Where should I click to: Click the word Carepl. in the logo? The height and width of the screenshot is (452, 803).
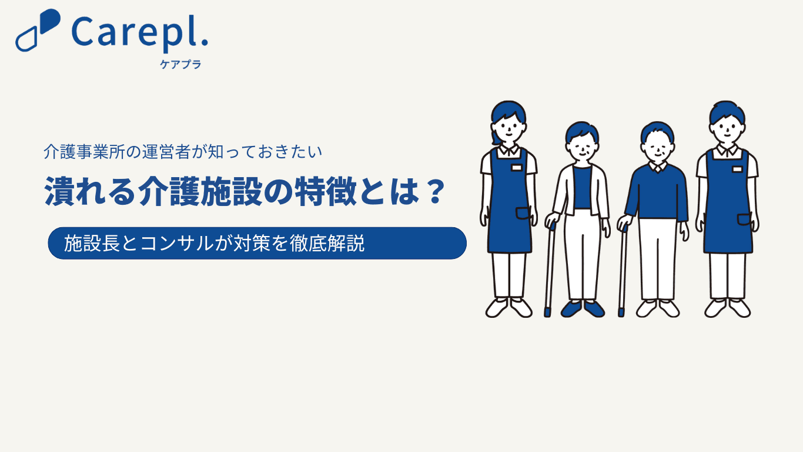139,34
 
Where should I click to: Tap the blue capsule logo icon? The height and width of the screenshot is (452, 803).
38,30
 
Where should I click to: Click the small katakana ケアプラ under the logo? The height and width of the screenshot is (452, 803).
180,65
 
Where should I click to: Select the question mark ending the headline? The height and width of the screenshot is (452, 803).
436,191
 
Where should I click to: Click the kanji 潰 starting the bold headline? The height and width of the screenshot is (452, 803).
59,191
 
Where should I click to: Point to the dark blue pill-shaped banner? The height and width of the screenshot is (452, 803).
257,243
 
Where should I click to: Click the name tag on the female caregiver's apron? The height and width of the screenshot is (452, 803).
516,167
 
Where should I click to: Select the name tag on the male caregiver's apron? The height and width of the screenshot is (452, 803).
737,169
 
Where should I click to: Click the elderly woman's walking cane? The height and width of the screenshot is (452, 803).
549,270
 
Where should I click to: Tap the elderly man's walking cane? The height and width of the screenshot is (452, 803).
623,271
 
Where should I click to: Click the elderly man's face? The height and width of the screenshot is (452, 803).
658,148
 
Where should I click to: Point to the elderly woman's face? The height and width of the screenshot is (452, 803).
583,148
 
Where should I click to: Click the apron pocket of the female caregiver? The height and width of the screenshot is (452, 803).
523,213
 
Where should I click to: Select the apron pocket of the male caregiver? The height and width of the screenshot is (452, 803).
744,220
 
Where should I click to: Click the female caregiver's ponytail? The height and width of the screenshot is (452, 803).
496,137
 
